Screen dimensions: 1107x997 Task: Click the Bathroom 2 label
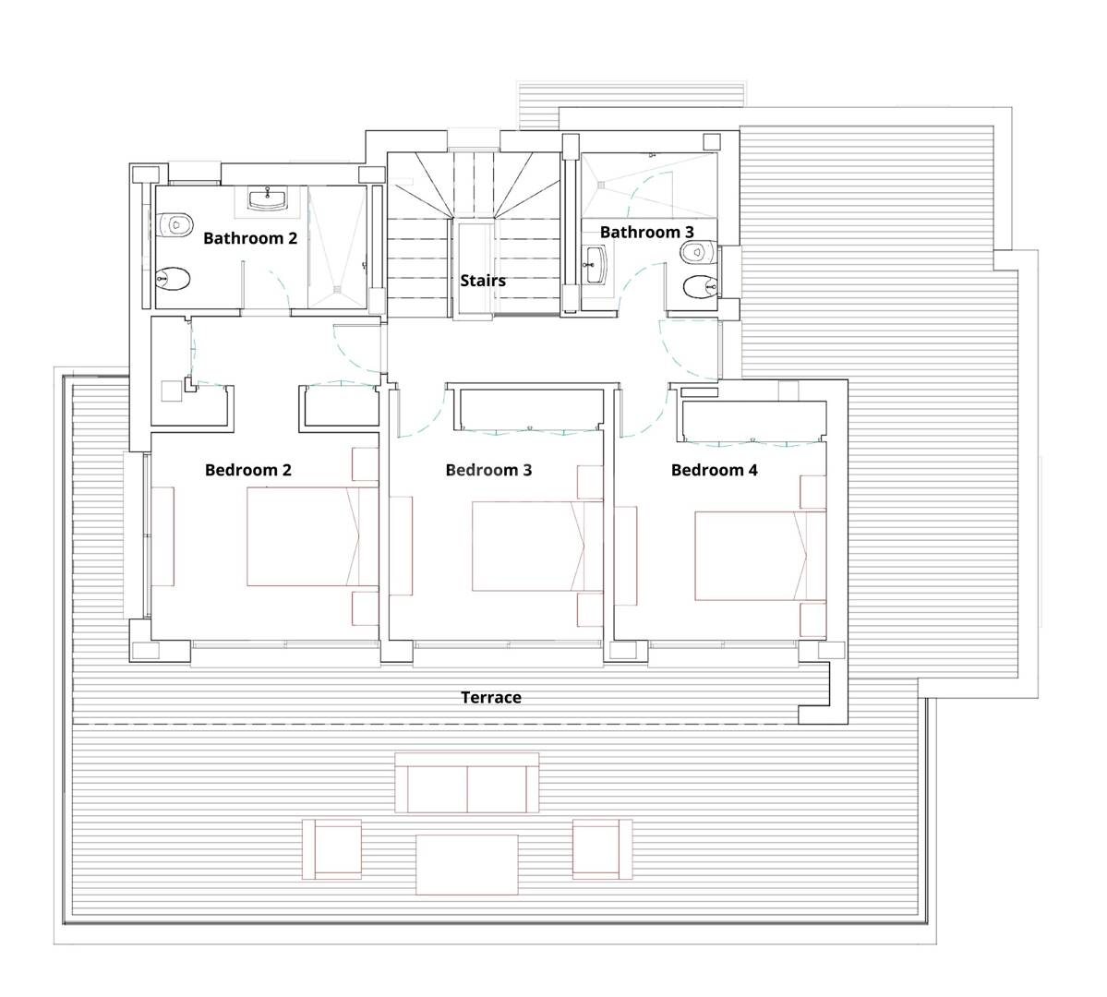(250, 238)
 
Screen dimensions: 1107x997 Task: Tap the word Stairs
(483, 281)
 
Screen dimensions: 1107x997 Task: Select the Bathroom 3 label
(646, 232)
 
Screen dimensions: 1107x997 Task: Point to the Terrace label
(491, 698)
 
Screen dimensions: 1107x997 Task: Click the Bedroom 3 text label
(488, 470)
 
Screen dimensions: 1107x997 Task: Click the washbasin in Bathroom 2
(268, 198)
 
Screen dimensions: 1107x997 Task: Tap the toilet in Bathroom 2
(175, 225)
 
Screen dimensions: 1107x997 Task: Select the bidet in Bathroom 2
(173, 280)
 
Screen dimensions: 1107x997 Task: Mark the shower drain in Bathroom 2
(338, 288)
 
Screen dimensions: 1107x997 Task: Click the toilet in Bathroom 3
(700, 251)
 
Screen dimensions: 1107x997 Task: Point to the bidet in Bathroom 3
(701, 286)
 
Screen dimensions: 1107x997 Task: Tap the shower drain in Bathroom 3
(601, 185)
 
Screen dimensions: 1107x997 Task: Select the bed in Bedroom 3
(537, 547)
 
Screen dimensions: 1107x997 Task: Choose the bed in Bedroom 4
(761, 556)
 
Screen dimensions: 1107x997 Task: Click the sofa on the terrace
(466, 782)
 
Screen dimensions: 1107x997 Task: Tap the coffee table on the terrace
(466, 864)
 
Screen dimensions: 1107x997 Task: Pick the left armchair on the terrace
(331, 849)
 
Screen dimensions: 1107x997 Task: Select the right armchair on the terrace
(602, 849)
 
